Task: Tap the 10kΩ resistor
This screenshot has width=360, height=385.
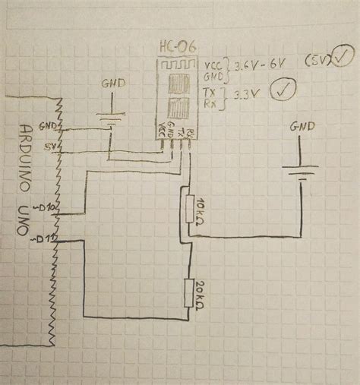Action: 189,212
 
